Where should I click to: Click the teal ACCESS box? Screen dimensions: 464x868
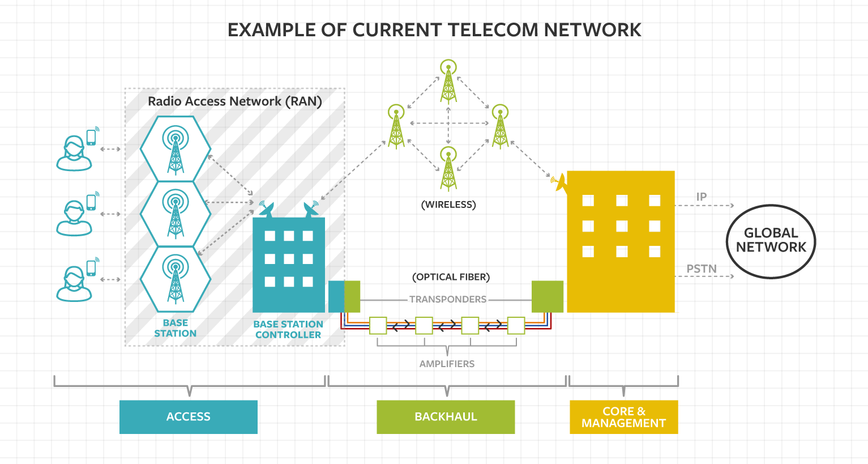point(188,417)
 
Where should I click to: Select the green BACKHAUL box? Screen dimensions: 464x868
point(446,417)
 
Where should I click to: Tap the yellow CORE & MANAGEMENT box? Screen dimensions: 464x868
point(623,417)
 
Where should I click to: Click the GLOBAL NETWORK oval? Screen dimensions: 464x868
point(771,241)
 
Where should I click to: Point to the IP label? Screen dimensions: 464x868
point(702,197)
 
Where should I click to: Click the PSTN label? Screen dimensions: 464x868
point(702,269)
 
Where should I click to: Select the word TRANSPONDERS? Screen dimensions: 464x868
point(448,299)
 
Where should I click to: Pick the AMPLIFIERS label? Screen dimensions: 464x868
point(447,364)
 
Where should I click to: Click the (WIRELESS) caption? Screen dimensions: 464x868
point(448,205)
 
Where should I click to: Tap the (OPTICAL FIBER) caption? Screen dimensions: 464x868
point(451,277)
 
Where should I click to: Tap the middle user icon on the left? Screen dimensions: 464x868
point(74,218)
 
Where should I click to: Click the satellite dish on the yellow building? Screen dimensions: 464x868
point(559,182)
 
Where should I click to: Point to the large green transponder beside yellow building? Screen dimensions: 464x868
point(547,296)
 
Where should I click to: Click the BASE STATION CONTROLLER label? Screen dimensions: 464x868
point(288,329)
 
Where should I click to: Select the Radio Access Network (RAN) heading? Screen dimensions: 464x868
point(234,101)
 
